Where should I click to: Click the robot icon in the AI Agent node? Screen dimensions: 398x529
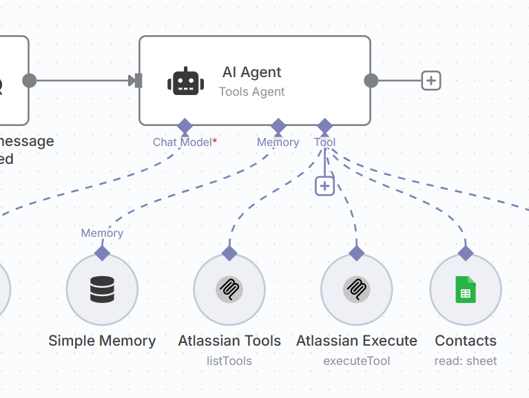point(185,81)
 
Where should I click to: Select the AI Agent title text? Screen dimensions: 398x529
point(251,72)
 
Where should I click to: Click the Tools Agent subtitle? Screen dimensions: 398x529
point(251,92)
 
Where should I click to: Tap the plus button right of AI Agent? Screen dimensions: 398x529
point(431,81)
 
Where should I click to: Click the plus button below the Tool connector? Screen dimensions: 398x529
point(324,186)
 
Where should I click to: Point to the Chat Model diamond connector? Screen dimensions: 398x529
point(185,126)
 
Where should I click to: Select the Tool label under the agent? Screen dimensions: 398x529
point(325,143)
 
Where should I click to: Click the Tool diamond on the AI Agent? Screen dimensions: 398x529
point(325,126)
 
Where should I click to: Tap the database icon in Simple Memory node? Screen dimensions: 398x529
point(102,289)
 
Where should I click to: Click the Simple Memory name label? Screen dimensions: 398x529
point(102,341)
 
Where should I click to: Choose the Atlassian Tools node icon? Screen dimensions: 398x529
point(229,289)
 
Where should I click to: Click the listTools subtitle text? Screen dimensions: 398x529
point(229,361)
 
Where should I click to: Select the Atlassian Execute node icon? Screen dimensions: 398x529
point(357,289)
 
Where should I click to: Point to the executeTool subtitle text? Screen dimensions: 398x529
point(357,361)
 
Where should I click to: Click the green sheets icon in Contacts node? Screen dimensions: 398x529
point(466,289)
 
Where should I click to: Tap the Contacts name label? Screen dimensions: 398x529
point(466,341)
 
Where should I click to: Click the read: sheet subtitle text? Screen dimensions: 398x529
point(466,361)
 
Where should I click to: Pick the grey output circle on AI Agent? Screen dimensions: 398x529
point(371,81)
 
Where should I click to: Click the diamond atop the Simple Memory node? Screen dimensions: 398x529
point(102,253)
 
